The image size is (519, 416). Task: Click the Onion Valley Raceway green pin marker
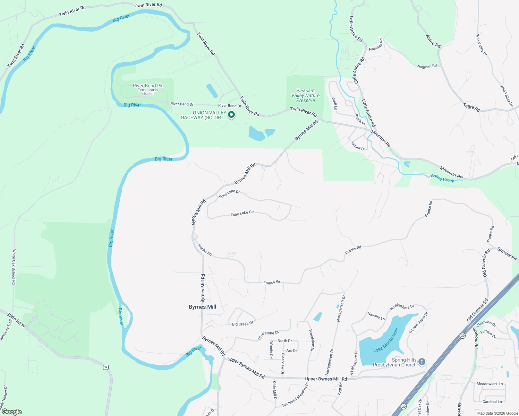pos(231,114)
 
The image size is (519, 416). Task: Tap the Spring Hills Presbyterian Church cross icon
pos(422,362)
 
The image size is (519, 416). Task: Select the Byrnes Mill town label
pos(202,307)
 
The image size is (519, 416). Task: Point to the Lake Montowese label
pos(386,340)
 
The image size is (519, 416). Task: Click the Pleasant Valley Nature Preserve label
pos(305,95)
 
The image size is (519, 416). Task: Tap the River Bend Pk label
pos(147,86)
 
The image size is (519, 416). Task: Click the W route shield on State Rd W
pos(106,367)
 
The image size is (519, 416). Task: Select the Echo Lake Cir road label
pos(242,214)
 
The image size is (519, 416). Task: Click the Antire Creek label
pos(442,178)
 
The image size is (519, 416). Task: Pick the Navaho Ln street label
pos(376,316)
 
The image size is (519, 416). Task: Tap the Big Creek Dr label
pos(243,324)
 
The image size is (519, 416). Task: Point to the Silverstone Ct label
pos(269,335)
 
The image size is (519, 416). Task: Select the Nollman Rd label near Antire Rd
pos(427,66)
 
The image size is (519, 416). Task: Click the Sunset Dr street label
pos(357,146)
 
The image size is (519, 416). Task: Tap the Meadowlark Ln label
pos(490,384)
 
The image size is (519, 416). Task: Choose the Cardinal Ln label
pos(492,402)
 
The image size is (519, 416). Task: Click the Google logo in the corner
pos(11,412)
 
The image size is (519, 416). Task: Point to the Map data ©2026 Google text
pos(497,413)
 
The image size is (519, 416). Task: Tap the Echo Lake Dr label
pos(229,194)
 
